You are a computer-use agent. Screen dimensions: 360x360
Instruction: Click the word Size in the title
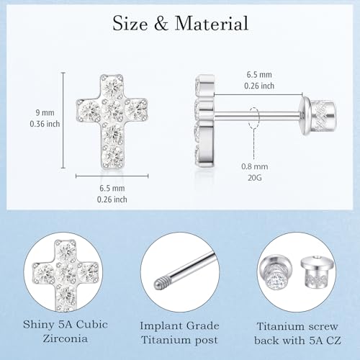(x=130, y=23)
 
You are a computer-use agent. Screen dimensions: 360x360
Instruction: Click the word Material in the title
(x=211, y=23)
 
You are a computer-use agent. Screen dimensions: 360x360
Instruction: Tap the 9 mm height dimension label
(x=45, y=112)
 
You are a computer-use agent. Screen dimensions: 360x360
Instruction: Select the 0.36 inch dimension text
(x=45, y=124)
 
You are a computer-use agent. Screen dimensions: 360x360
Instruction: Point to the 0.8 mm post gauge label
(x=255, y=166)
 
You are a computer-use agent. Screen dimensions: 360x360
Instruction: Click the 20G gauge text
(x=255, y=178)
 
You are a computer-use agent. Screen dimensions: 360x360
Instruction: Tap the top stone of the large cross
(x=112, y=86)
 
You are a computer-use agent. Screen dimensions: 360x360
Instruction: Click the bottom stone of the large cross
(x=112, y=156)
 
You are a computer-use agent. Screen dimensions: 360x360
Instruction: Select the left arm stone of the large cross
(x=89, y=110)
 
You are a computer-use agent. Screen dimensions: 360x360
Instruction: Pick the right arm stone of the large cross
(x=136, y=110)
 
